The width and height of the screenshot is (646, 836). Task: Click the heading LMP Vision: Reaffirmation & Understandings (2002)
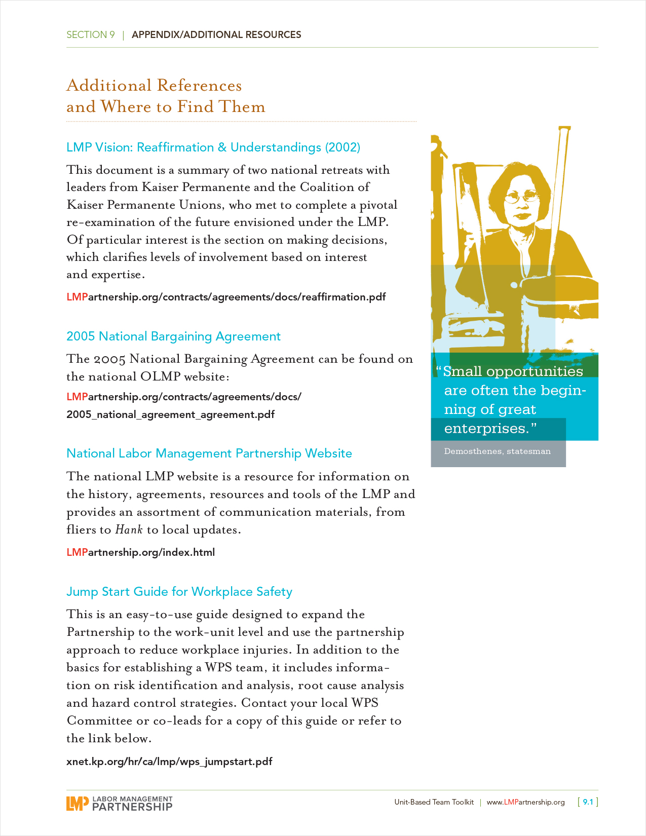point(213,147)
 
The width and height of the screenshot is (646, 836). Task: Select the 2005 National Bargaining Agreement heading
point(173,336)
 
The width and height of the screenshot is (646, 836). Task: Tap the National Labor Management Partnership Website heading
point(209,453)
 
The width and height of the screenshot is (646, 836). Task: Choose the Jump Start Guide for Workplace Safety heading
point(179,592)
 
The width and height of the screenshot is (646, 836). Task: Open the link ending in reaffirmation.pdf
point(226,297)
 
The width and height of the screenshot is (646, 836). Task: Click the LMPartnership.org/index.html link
point(140,552)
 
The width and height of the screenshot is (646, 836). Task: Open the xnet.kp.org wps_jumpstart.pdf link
point(169,762)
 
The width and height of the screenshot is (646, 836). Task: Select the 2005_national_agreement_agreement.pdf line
point(170,414)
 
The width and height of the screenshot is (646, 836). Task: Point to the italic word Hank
point(129,530)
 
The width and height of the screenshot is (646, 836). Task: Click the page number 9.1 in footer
point(588,802)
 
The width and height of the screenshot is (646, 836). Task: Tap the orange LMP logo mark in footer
point(77,803)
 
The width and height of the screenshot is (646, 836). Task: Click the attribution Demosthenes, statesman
point(497,451)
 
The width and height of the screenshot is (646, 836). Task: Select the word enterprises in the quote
point(486,429)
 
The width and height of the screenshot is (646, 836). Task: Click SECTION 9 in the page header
point(91,35)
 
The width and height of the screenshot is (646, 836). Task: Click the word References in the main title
point(199,86)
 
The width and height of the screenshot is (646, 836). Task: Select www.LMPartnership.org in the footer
point(525,802)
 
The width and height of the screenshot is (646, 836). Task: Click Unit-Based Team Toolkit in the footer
point(434,802)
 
